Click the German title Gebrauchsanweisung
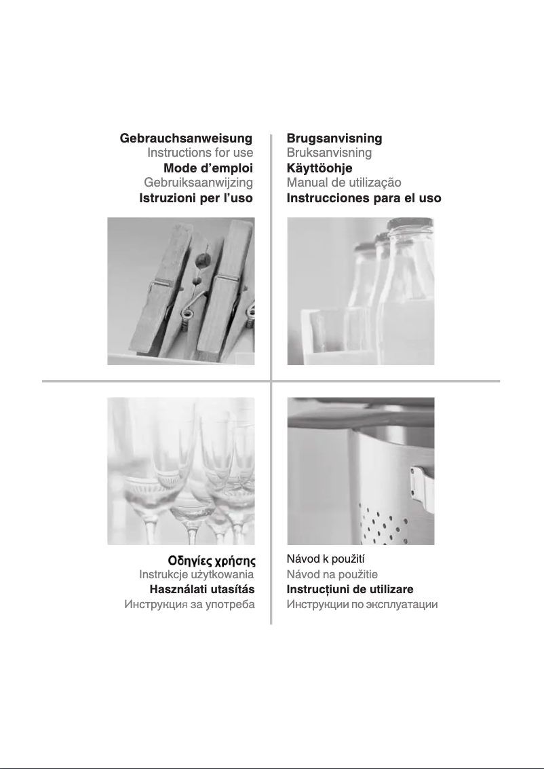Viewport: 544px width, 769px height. click(187, 138)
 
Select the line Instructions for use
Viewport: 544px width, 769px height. click(200, 153)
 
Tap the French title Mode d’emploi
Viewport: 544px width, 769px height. click(208, 168)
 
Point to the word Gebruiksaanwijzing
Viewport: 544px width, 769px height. click(199, 183)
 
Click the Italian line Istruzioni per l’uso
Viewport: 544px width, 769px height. click(196, 198)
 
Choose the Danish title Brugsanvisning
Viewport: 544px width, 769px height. click(334, 138)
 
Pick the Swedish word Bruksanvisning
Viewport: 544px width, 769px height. click(330, 153)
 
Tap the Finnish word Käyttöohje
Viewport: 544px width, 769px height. click(319, 168)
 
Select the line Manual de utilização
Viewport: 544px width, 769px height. click(344, 183)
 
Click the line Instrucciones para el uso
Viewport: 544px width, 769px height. click(364, 198)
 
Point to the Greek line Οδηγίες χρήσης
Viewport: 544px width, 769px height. click(212, 561)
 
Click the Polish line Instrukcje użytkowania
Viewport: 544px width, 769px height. click(197, 574)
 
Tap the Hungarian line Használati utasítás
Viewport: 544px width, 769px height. click(202, 589)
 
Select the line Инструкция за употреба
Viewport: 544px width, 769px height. click(190, 604)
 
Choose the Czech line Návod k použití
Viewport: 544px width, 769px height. click(326, 559)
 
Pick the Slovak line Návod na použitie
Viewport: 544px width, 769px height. click(332, 574)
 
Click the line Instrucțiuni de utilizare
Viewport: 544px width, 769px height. click(350, 590)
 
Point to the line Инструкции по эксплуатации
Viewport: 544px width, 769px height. click(362, 604)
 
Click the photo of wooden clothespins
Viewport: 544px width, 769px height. click(181, 291)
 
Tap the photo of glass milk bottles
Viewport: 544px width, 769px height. click(361, 291)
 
